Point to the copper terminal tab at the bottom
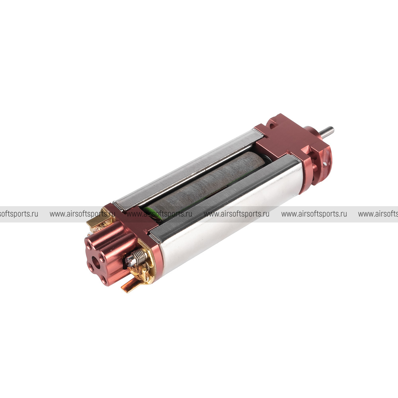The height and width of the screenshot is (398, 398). (x=129, y=285)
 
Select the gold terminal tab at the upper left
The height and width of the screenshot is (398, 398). (x=94, y=220)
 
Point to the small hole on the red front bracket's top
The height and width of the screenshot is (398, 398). (x=272, y=125)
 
